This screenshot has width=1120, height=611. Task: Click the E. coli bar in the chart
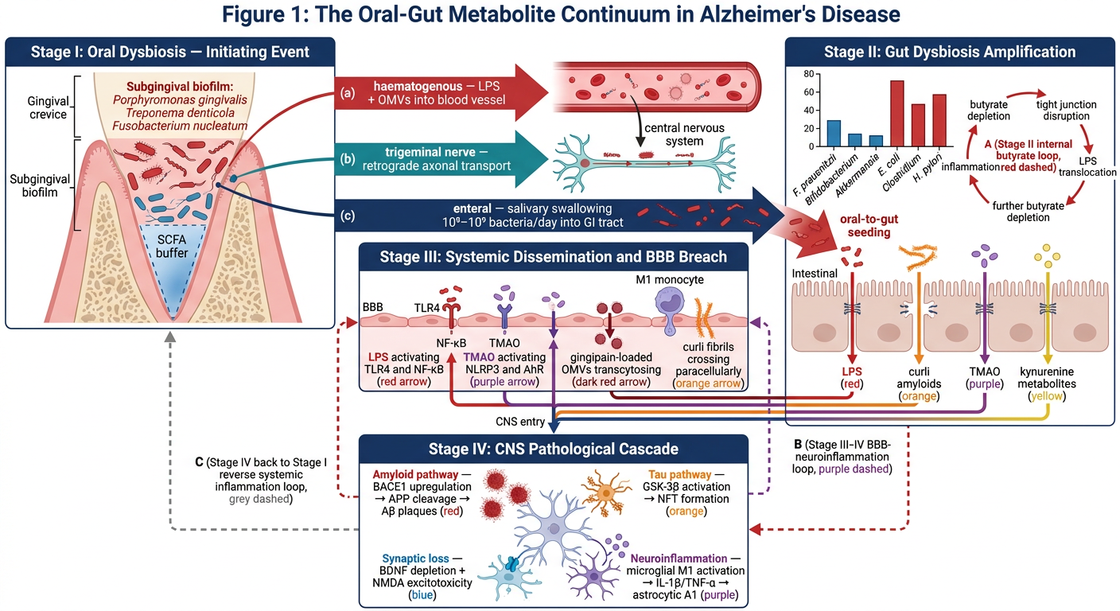[x=897, y=114]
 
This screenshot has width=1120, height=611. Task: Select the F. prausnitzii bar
[x=834, y=134]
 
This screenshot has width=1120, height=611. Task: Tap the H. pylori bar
[x=939, y=120]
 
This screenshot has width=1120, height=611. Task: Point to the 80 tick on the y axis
[x=809, y=74]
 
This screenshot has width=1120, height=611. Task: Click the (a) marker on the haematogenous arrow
[x=348, y=93]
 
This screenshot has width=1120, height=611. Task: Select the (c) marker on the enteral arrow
[x=348, y=216]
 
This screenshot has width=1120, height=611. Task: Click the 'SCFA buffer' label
[x=172, y=247]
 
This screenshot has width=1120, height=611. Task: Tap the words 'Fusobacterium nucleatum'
[x=180, y=126]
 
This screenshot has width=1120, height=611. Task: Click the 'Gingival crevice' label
[x=48, y=107]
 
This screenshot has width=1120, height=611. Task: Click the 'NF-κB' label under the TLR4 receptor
[x=451, y=343]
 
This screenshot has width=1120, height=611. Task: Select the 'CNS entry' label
[x=520, y=422]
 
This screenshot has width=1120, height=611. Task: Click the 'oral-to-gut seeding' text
[x=869, y=225]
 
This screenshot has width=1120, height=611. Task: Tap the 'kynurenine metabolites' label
[x=1047, y=378]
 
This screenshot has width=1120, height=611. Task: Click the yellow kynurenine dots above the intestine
[x=1047, y=256]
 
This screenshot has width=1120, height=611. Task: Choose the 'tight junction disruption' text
[x=1066, y=110]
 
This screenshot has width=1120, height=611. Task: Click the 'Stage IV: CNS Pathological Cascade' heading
[x=554, y=449]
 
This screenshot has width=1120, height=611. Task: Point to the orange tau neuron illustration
[x=605, y=493]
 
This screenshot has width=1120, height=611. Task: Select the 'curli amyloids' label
[x=919, y=378]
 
